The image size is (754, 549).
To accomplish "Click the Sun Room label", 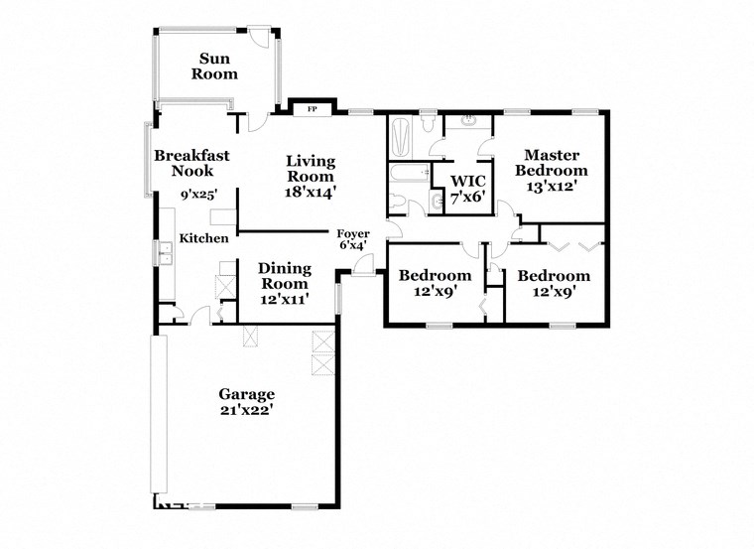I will click(x=214, y=66).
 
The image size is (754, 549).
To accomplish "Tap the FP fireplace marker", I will click(x=312, y=108).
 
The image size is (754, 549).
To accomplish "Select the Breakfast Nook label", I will click(x=191, y=164).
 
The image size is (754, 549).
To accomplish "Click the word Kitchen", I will click(x=203, y=238).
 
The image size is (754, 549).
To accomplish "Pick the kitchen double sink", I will click(x=163, y=257).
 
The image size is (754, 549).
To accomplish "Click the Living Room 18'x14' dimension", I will click(x=311, y=194).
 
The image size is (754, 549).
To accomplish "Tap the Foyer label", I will click(x=353, y=233).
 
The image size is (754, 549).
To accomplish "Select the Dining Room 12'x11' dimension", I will click(x=284, y=299).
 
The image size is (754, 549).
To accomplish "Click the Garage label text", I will click(x=246, y=393).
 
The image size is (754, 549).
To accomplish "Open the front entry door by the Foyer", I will click(x=364, y=264).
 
